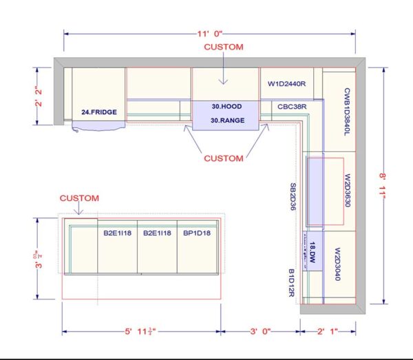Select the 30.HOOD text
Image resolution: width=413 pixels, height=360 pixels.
point(225,107)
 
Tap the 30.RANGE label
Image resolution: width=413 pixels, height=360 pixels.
point(226,120)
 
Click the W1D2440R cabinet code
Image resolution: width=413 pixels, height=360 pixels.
point(286,83)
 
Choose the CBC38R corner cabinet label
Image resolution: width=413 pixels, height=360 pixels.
point(292,107)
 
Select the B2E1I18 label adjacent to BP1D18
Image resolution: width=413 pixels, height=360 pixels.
point(157,233)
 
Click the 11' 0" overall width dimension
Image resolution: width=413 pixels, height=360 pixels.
point(209,32)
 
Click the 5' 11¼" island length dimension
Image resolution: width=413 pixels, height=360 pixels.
point(141,332)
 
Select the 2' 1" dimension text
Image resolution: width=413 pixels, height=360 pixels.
point(326,332)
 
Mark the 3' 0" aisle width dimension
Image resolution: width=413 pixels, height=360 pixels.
point(261,332)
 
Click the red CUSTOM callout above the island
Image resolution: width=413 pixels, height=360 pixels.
point(79,198)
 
